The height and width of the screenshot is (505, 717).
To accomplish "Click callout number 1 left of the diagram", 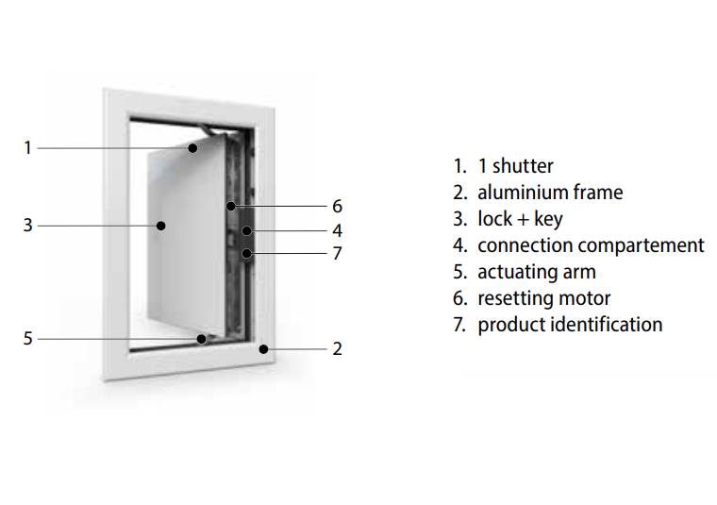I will pos(28,147).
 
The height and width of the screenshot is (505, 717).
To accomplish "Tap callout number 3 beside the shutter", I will pos(28,226).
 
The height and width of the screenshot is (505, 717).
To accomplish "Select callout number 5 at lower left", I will pos(28,338).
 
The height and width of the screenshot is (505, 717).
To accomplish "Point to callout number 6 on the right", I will pos(337,206).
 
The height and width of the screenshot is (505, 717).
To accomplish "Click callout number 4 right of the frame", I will pos(337,230).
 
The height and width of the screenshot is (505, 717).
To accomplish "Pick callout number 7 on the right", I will pos(337,253).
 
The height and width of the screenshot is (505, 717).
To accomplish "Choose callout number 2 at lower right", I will pos(337,348).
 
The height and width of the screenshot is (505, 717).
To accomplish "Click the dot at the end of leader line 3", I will pos(161,226).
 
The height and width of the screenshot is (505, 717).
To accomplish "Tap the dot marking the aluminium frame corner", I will pos(265,348).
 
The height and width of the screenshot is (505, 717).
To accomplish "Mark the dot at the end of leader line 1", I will pos(192,147).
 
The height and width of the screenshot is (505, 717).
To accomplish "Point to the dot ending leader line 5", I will pos(201,338).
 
